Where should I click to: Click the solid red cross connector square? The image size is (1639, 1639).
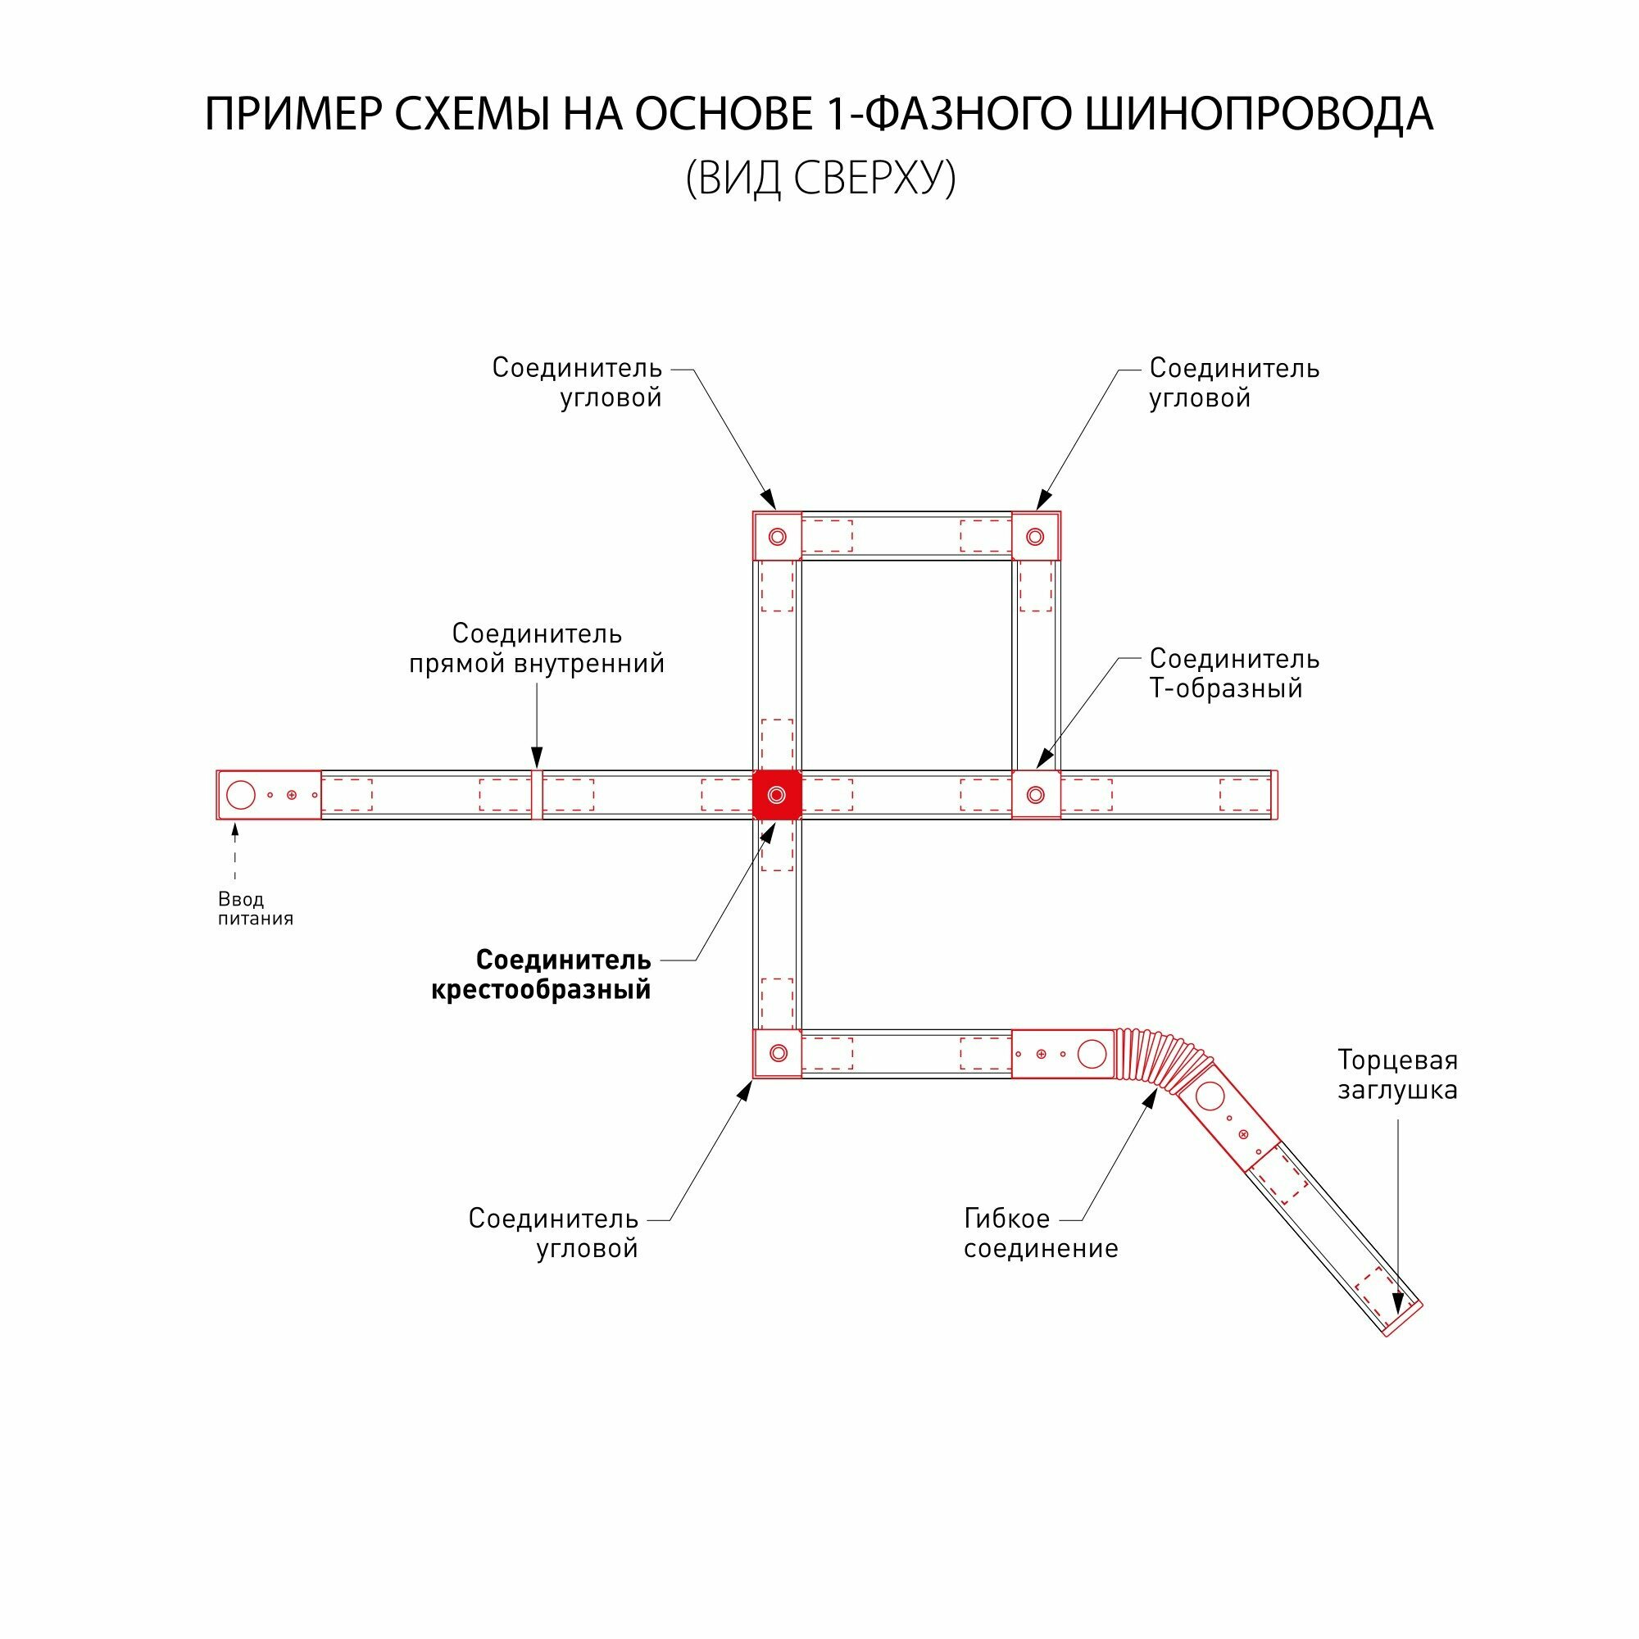(777, 795)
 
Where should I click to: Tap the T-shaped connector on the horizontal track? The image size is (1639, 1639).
(1035, 795)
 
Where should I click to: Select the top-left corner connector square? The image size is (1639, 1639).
(777, 536)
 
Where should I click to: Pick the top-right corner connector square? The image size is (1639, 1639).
(1035, 536)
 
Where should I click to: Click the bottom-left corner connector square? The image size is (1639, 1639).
(777, 1054)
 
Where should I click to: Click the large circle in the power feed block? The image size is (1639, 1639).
(241, 795)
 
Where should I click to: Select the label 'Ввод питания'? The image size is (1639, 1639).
(255, 909)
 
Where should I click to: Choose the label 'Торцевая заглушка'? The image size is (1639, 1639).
(1396, 1075)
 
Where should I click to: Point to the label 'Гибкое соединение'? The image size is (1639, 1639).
(1040, 1233)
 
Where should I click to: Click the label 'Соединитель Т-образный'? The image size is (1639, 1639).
(1233, 673)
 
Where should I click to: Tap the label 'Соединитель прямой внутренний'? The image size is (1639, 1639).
(536, 648)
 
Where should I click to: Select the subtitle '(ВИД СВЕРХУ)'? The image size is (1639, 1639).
(819, 178)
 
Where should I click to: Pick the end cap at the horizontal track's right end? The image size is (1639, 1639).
(1274, 795)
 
